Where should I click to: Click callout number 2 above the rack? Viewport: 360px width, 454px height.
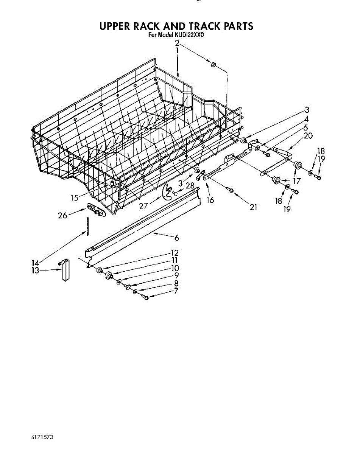coord(177,43)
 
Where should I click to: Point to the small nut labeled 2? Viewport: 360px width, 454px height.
coord(214,64)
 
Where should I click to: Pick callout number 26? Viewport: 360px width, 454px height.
coord(62,216)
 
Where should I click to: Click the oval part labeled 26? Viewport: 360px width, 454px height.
coord(96,210)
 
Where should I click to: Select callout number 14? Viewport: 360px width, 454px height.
coord(35,263)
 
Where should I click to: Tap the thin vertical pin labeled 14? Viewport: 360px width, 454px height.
coord(87,226)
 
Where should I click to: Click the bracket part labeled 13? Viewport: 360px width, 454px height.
coord(65,270)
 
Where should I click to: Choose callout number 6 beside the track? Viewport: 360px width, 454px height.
coord(176,238)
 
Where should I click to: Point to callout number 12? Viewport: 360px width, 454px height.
coord(175,253)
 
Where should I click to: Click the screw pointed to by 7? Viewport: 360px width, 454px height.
coord(146,297)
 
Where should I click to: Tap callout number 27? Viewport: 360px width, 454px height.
coord(143,206)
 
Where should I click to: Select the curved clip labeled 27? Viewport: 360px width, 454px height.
coord(168,192)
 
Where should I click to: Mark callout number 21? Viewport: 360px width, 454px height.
coord(253,207)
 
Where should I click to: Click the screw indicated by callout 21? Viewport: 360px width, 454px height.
coord(231,190)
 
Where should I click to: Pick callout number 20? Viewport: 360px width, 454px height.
coord(308,136)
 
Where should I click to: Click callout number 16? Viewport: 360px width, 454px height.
coord(210,200)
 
